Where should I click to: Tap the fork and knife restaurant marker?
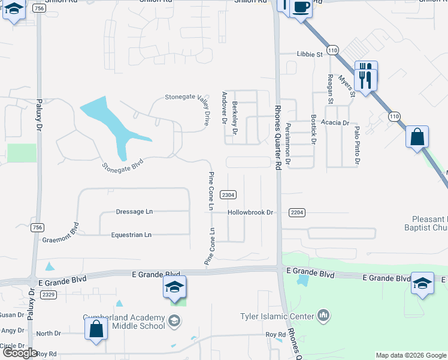pos(365,76)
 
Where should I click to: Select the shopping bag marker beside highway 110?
pos(417,137)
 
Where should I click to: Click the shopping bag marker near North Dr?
pos(95,329)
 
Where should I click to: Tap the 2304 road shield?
pos(228,195)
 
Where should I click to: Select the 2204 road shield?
pos(297,213)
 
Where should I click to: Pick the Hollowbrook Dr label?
pos(250,212)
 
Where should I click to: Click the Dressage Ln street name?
pos(134,212)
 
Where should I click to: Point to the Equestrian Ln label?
pos(131,235)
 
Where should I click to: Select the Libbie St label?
pos(310,54)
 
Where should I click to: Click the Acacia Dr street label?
pos(335,122)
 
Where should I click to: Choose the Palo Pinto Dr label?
pos(356,145)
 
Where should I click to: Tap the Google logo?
pos(19,353)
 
